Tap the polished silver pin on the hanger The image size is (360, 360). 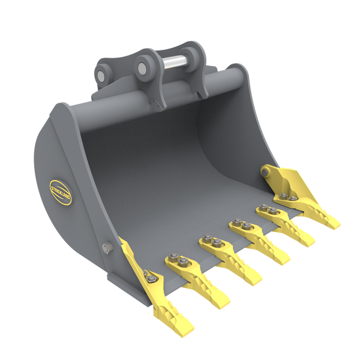177,60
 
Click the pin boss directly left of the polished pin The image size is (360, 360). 144,65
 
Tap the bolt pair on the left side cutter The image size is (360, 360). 149,278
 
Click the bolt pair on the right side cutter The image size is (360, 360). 287,198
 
